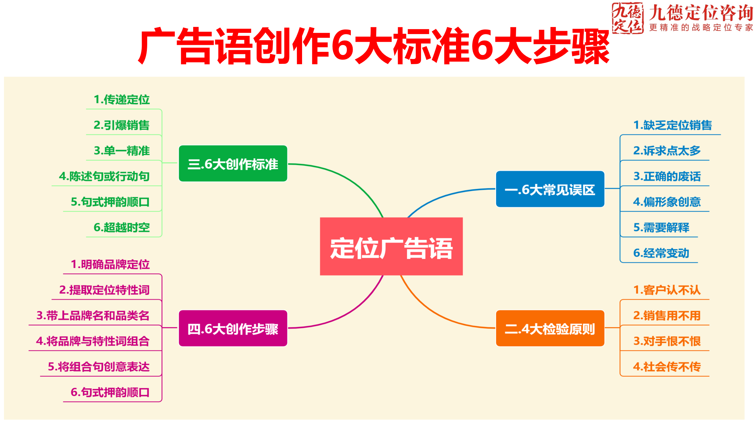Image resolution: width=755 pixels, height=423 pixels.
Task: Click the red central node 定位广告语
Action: (x=391, y=246)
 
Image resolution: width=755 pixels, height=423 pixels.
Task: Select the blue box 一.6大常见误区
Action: (x=550, y=189)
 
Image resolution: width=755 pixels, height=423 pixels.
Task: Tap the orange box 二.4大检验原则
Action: (x=550, y=328)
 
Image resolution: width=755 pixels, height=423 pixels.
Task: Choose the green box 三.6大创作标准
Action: (x=233, y=163)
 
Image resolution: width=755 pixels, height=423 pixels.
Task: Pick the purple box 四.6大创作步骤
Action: (x=233, y=328)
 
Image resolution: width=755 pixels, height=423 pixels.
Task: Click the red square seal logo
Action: (x=627, y=18)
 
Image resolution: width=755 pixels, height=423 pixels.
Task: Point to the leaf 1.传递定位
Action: (x=122, y=99)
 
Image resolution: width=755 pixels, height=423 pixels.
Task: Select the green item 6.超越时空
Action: (x=122, y=227)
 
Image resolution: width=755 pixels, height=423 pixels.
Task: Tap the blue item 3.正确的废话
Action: (x=667, y=176)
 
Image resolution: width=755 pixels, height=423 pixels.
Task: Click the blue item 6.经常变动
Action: (x=661, y=253)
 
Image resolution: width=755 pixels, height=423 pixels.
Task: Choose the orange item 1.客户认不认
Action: (x=667, y=290)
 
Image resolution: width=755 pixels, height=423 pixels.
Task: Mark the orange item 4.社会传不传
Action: (x=667, y=367)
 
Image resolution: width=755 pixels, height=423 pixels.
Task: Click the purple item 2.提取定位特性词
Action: (x=104, y=290)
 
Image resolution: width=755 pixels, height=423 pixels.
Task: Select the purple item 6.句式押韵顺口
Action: (x=110, y=392)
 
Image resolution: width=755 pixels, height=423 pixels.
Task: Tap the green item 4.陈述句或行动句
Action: (x=104, y=176)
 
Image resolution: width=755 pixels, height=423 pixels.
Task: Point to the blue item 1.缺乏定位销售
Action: (x=673, y=125)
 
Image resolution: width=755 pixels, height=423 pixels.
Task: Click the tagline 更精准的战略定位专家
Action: (x=701, y=28)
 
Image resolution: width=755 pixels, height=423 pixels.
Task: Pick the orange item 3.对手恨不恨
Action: (x=667, y=341)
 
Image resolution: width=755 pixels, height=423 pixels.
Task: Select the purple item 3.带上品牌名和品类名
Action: (x=93, y=315)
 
